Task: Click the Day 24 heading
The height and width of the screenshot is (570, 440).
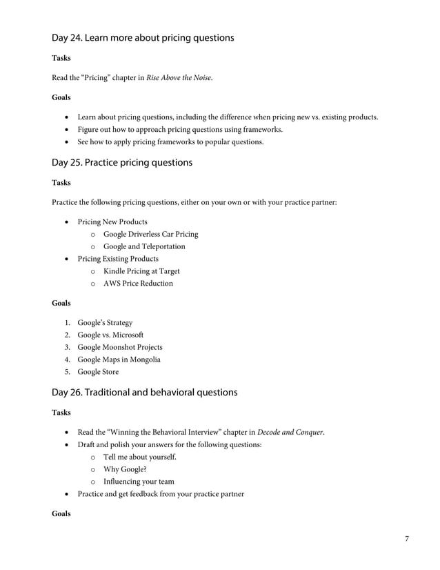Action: (x=143, y=38)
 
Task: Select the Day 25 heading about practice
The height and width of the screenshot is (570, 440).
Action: (x=122, y=163)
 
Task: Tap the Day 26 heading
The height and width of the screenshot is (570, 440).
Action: (x=145, y=393)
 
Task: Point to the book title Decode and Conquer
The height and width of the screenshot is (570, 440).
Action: (x=290, y=433)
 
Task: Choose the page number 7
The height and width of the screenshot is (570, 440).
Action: (x=407, y=538)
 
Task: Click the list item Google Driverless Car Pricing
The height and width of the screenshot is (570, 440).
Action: (x=150, y=234)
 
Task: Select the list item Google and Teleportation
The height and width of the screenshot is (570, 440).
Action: (x=144, y=246)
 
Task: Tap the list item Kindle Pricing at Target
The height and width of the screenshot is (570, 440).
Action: (x=141, y=271)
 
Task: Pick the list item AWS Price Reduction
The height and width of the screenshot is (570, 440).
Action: (x=138, y=284)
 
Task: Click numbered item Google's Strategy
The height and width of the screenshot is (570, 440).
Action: (x=105, y=323)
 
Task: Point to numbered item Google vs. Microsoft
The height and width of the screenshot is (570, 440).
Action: (x=110, y=335)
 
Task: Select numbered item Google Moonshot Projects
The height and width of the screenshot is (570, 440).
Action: (x=120, y=347)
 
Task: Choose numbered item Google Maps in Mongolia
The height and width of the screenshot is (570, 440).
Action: (x=119, y=360)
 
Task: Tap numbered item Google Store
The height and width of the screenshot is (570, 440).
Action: (x=98, y=372)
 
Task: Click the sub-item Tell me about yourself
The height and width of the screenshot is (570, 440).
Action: (x=140, y=458)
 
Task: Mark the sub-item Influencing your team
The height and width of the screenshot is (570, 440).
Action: (x=139, y=482)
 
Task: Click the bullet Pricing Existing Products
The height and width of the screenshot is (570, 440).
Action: (x=117, y=259)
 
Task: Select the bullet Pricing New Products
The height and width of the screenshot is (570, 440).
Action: (x=112, y=222)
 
